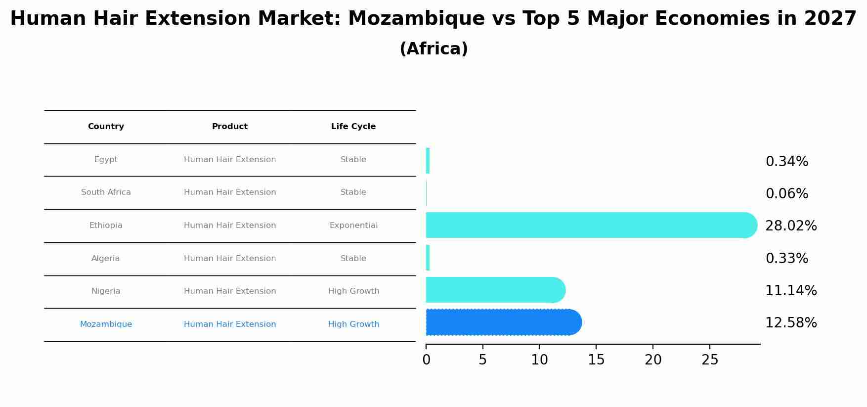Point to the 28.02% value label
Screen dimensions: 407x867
791,226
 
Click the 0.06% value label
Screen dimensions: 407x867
786,194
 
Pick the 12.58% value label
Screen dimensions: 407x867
791,323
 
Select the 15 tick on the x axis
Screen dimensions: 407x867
596,360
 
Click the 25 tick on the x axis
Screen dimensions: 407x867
710,360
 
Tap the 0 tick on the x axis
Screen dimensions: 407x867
426,360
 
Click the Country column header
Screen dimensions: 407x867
106,127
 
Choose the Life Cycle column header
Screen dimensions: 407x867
353,127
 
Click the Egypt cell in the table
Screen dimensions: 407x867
106,160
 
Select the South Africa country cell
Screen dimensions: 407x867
106,192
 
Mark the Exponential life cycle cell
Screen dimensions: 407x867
353,226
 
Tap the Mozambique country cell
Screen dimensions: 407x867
106,324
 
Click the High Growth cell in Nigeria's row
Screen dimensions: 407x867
353,291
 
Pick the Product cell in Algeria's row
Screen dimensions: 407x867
230,259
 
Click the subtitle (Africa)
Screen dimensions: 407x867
433,49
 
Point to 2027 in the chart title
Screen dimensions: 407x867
830,19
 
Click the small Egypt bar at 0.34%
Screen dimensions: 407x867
428,161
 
